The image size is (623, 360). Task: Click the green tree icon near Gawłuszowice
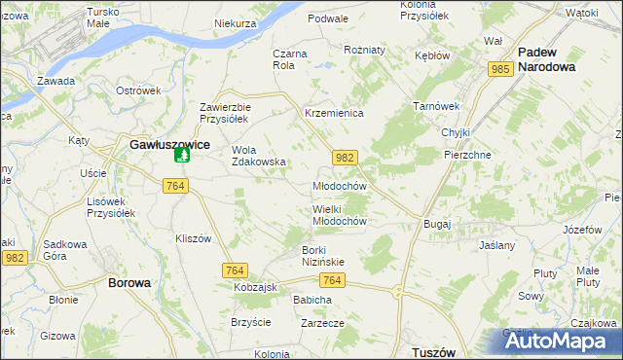(x=180, y=156)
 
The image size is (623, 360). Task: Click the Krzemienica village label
(x=334, y=114)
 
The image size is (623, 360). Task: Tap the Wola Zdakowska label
(x=258, y=156)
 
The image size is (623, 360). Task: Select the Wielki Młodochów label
(x=339, y=214)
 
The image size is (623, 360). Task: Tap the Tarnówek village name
(x=435, y=105)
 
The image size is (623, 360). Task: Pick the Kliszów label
(x=193, y=238)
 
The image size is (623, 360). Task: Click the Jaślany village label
(x=496, y=246)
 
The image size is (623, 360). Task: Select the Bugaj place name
(x=437, y=224)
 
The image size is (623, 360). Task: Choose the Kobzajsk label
(x=256, y=289)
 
